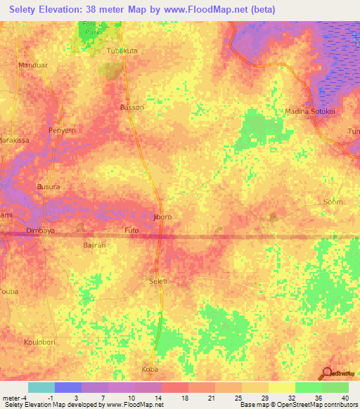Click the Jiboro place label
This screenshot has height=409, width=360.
pos(162,217)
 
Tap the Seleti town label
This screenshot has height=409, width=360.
pos(159,280)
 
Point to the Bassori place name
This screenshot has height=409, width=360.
pos(132,108)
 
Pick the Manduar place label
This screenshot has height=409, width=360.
pos(32,65)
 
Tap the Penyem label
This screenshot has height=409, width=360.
pos(60,131)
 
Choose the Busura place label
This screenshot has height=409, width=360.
pos(49,187)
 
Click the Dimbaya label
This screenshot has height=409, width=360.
pos(40,230)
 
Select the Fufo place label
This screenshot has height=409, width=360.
pos(131,230)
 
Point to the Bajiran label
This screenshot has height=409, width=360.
pos(94,245)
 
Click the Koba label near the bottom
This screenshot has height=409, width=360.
pos(150,369)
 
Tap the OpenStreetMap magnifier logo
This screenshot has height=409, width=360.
pos(327,372)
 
